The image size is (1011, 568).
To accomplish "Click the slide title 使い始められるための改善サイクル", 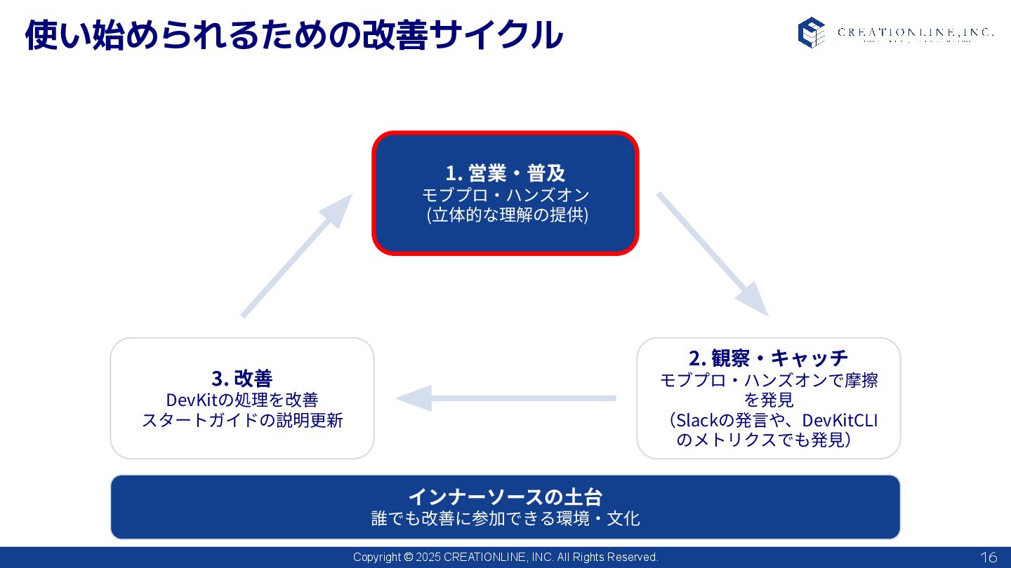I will [293, 34].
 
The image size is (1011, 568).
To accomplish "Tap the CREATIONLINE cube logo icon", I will [811, 32].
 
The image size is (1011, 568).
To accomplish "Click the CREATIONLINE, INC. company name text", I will [916, 32].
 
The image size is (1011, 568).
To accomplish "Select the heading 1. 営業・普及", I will [505, 173].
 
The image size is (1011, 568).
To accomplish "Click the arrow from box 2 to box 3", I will [506, 398].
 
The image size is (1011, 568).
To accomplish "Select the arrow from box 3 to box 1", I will [296, 256].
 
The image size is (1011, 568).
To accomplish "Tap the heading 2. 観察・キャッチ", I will [768, 358].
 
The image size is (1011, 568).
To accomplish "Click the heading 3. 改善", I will [242, 378].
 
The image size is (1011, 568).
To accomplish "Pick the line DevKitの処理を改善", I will [242, 400].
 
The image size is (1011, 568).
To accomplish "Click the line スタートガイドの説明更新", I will [242, 421].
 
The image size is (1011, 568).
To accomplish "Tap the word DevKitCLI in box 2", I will [840, 420].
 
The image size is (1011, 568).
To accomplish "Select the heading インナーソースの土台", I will [505, 496].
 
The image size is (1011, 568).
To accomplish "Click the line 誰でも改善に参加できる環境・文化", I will [505, 519].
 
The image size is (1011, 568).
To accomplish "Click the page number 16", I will [988, 557].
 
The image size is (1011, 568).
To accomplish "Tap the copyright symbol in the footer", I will [409, 557].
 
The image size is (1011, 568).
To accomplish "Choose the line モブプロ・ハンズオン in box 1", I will [505, 194].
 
